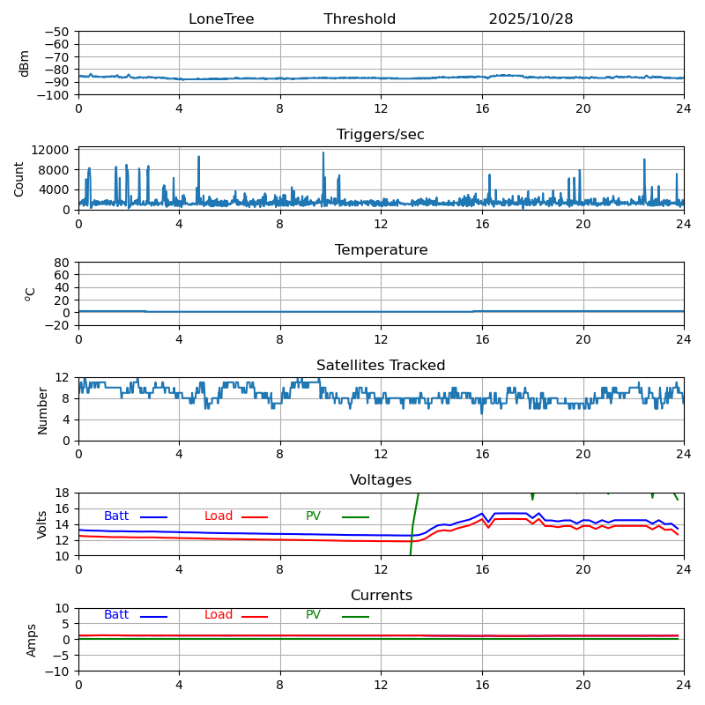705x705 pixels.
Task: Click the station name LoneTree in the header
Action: tap(221, 19)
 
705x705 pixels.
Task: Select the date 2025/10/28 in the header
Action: tap(531, 19)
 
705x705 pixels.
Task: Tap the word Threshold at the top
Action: tap(360, 19)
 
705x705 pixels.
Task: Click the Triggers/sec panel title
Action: tap(381, 135)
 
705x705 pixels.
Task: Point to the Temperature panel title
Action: tap(381, 250)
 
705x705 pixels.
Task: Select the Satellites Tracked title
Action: tap(381, 366)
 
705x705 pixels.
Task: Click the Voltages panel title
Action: tap(381, 480)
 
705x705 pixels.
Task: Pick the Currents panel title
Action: tap(381, 596)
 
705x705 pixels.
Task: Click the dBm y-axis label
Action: tap(25, 63)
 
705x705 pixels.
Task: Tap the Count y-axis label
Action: tap(19, 178)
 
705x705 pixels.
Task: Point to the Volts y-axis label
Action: tap(42, 524)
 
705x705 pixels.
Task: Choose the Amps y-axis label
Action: tap(32, 640)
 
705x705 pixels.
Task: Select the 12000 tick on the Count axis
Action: tap(53, 151)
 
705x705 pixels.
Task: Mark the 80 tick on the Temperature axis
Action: tap(62, 263)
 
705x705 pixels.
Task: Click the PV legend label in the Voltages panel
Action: tap(313, 516)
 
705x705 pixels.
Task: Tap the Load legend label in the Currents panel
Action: tap(219, 615)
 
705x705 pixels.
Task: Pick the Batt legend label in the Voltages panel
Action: tap(116, 516)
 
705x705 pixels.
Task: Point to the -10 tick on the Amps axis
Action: tap(58, 672)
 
